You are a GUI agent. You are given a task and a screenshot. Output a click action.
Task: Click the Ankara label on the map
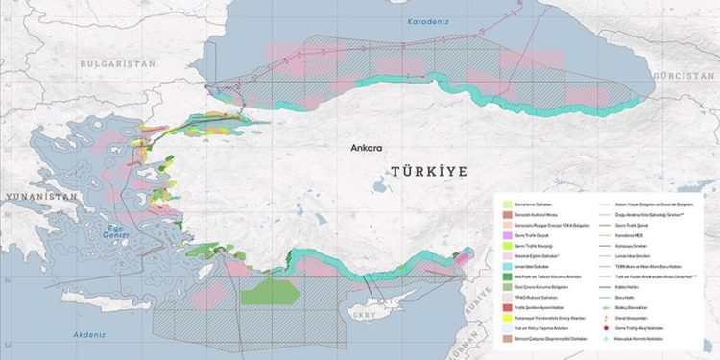[x=367, y=149]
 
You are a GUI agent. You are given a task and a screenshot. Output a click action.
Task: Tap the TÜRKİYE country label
[x=428, y=171]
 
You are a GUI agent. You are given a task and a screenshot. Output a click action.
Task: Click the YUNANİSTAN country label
[x=39, y=196]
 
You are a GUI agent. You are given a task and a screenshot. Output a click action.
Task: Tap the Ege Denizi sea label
[x=116, y=230]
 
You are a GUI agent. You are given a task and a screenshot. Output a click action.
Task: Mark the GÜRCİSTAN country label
[x=684, y=73]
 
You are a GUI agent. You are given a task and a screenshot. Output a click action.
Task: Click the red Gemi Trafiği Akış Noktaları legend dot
[x=607, y=326]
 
